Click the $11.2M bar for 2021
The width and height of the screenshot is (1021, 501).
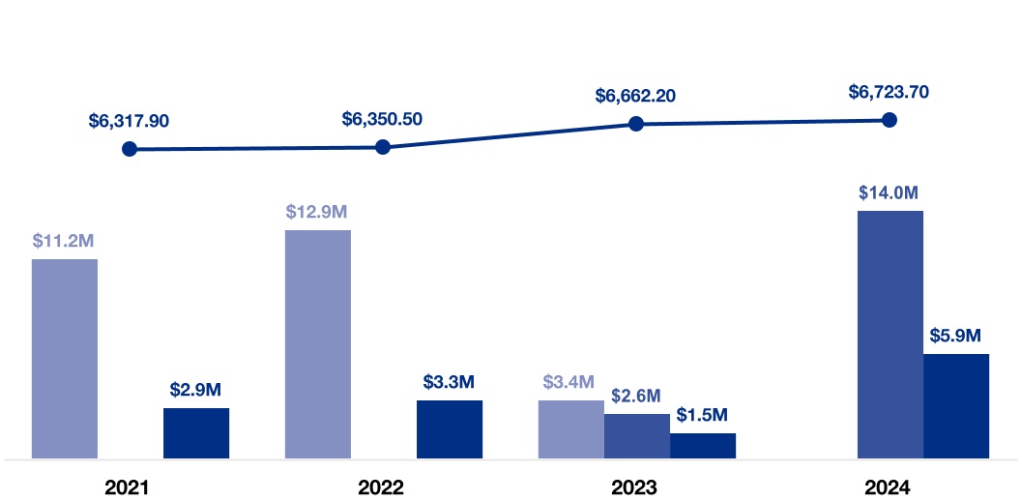[65, 358]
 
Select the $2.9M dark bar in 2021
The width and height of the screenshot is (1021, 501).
[196, 432]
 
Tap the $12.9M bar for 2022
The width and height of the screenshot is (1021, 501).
[318, 343]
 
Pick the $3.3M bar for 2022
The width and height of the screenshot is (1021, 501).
[450, 428]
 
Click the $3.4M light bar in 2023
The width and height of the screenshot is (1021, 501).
[571, 428]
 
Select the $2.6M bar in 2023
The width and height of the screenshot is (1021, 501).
[637, 435]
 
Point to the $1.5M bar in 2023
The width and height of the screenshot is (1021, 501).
[703, 445]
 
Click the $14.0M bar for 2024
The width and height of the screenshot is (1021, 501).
[890, 334]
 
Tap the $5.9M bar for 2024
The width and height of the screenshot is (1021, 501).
[956, 405]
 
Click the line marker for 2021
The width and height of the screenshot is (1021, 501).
[130, 149]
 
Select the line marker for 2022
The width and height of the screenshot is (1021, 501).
[383, 147]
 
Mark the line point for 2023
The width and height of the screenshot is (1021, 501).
[636, 124]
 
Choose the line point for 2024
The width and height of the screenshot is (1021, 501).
[890, 120]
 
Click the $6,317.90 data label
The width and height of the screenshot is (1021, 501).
[129, 121]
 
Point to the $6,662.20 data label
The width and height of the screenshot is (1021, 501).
[635, 96]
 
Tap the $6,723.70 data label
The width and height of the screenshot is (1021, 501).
[889, 92]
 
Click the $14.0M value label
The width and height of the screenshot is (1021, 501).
[889, 192]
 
